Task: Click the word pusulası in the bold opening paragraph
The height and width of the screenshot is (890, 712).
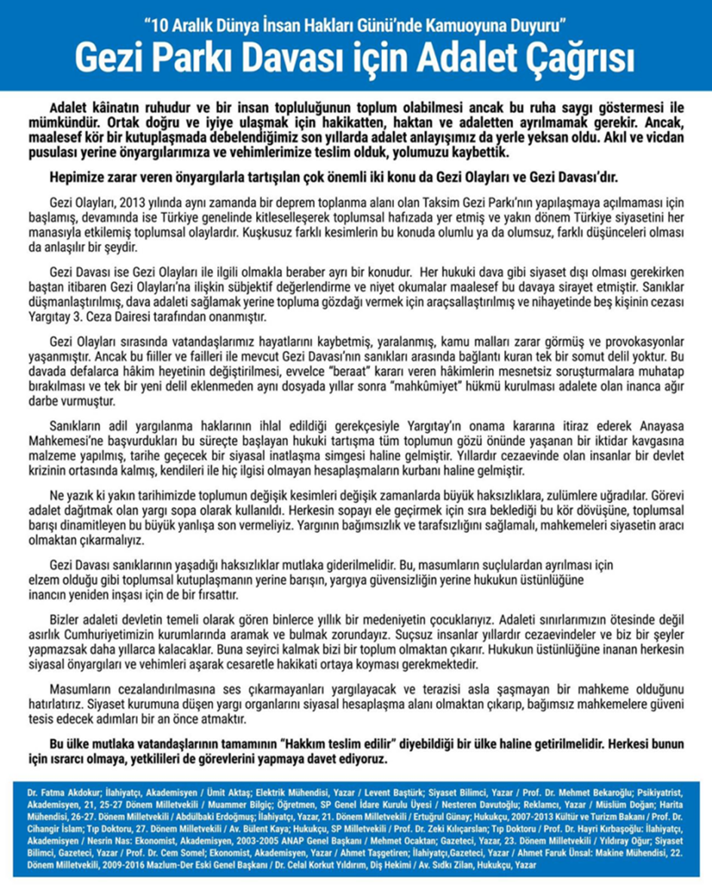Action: pos(59,154)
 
